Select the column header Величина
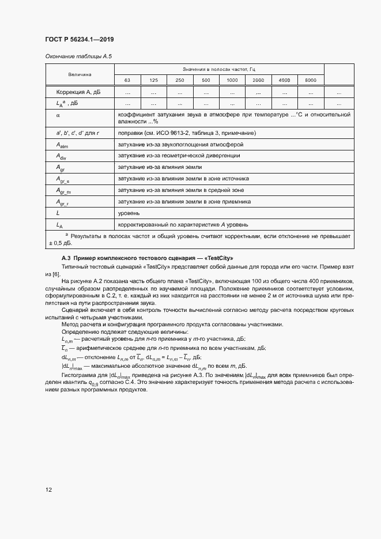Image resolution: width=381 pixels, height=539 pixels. click(x=80, y=75)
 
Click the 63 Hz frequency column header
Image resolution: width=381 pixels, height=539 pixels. click(x=127, y=80)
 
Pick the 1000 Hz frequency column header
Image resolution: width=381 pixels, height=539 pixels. click(x=232, y=80)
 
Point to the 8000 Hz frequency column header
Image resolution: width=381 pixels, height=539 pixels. click(x=310, y=80)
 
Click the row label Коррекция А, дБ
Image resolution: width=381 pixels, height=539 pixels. click(x=78, y=92)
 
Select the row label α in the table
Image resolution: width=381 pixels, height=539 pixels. click(x=58, y=115)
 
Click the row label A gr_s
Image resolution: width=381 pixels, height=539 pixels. click(x=63, y=179)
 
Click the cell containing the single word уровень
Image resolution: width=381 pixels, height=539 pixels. click(x=128, y=213)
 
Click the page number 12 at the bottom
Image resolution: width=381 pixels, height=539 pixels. click(x=49, y=490)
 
